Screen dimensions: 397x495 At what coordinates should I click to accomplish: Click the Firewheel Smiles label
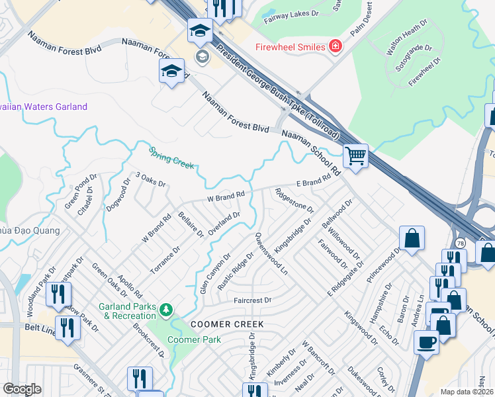click(291, 47)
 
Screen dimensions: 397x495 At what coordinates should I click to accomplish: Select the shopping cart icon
click(356, 157)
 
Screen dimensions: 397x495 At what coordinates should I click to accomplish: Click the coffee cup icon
click(426, 342)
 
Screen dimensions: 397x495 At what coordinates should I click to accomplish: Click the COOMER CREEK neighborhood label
click(227, 324)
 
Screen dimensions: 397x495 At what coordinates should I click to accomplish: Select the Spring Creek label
click(171, 157)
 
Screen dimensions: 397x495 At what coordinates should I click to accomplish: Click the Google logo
click(22, 389)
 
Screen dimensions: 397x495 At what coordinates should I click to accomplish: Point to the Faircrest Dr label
click(252, 300)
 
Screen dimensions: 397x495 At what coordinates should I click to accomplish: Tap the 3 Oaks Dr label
click(150, 179)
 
